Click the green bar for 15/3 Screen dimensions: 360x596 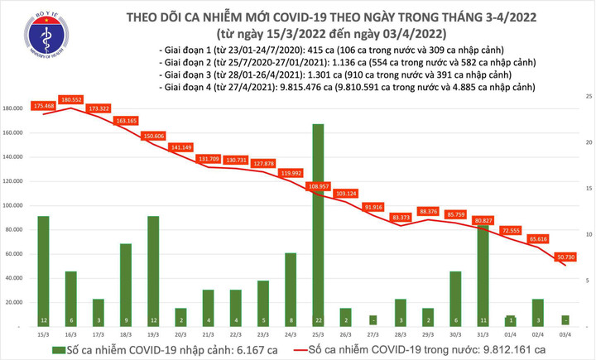43,269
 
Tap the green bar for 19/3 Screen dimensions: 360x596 153,269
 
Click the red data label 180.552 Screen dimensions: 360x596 71,99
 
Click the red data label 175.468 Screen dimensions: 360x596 44,106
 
